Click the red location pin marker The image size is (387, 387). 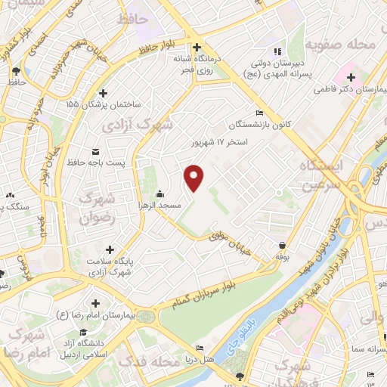[194, 177]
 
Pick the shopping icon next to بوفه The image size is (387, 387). [281, 246]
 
